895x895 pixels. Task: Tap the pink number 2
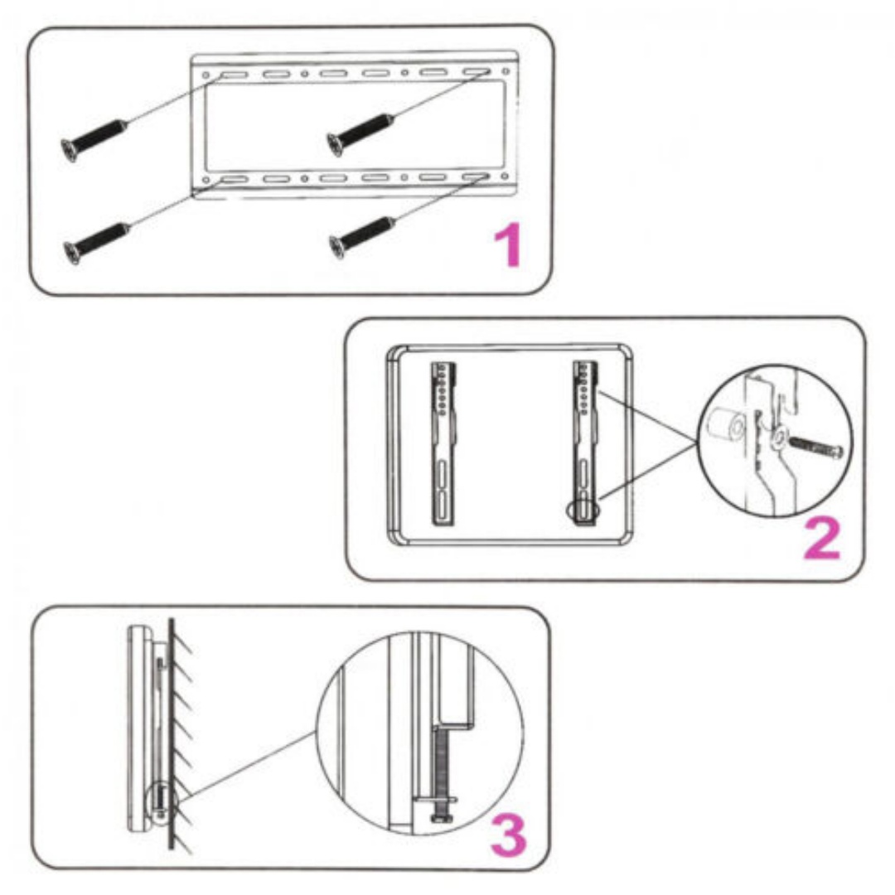coord(822,539)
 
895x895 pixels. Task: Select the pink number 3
coord(509,835)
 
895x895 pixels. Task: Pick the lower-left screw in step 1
coord(96,243)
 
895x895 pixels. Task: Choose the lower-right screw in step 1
coord(362,238)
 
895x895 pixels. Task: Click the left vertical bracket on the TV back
coord(443,443)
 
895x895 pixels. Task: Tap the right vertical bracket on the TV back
coord(585,443)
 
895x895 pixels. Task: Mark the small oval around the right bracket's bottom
coord(583,510)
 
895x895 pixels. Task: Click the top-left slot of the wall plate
coord(234,75)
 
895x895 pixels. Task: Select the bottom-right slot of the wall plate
coord(476,177)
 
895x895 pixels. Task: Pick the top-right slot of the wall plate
coord(476,72)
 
